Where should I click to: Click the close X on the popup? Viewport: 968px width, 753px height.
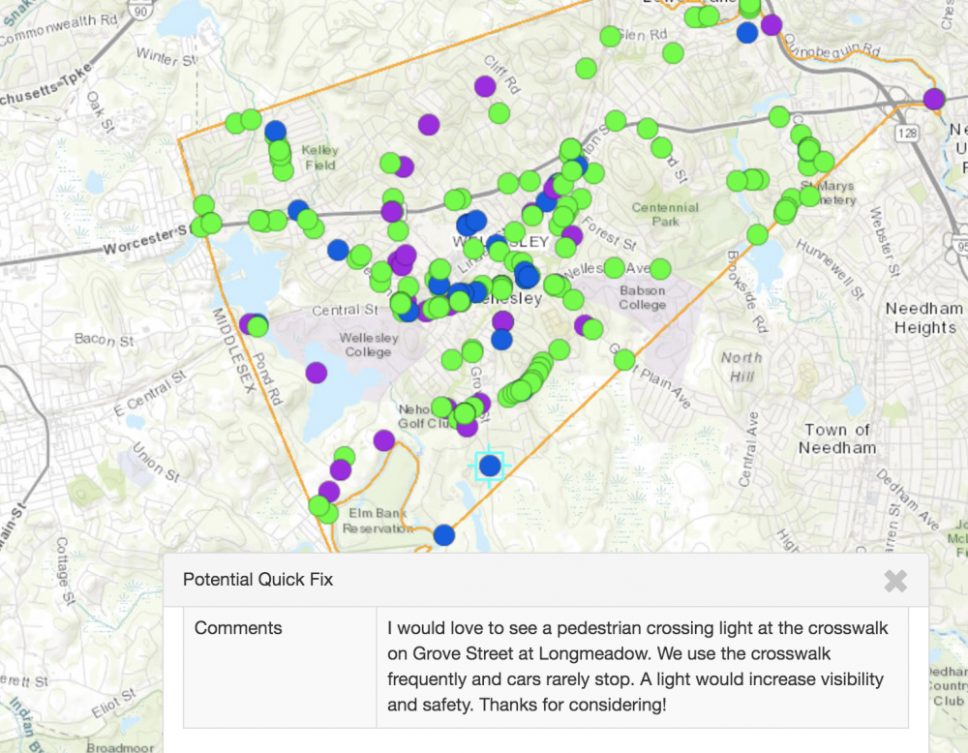click(895, 581)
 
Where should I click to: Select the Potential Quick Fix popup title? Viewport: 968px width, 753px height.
click(257, 580)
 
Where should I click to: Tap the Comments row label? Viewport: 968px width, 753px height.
click(238, 627)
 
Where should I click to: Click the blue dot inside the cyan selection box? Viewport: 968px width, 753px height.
click(490, 466)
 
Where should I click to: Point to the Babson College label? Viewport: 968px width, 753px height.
click(643, 297)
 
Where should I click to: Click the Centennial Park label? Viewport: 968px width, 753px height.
click(665, 214)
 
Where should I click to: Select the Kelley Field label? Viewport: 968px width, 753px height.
click(319, 158)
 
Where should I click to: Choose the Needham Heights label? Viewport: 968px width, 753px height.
click(924, 317)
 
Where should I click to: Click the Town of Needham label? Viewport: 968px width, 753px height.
click(837, 438)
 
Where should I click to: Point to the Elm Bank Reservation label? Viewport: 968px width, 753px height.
click(378, 521)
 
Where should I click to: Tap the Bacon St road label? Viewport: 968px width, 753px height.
click(104, 340)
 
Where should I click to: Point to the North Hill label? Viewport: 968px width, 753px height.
click(741, 366)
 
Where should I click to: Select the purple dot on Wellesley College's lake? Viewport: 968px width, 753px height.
click(317, 373)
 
